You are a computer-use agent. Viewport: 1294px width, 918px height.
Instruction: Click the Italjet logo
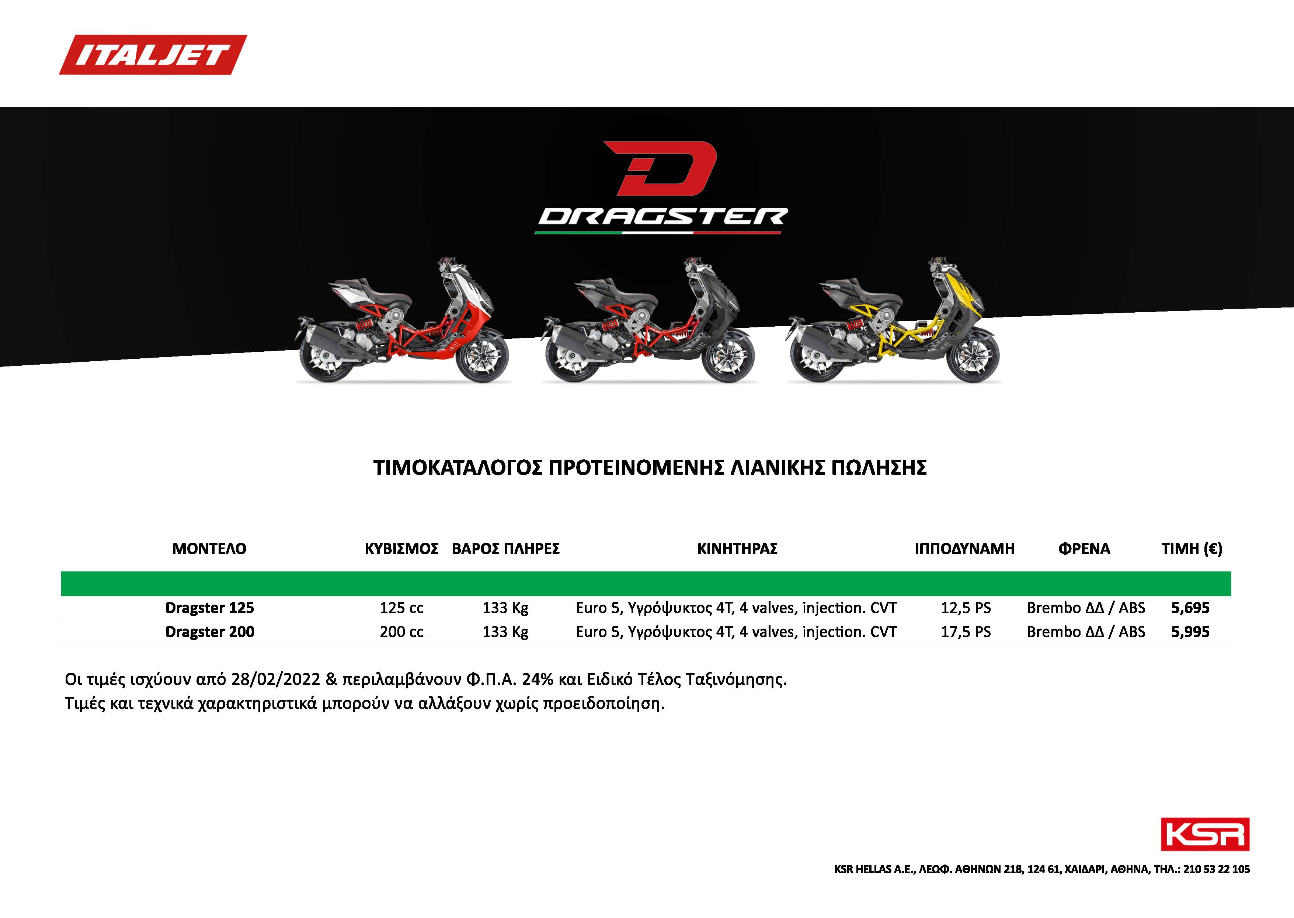point(153,55)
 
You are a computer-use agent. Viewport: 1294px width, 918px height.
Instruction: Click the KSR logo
point(1205,834)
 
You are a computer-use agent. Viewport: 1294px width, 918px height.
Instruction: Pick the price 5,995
point(1190,632)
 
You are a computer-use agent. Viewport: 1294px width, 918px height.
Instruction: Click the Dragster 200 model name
point(210,632)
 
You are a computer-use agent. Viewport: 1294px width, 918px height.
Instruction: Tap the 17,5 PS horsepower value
point(966,632)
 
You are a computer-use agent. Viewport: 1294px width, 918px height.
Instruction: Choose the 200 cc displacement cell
point(401,632)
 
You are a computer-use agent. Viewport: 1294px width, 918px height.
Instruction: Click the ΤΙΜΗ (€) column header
point(1192,549)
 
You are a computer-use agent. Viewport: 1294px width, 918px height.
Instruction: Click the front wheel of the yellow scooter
point(972,356)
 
